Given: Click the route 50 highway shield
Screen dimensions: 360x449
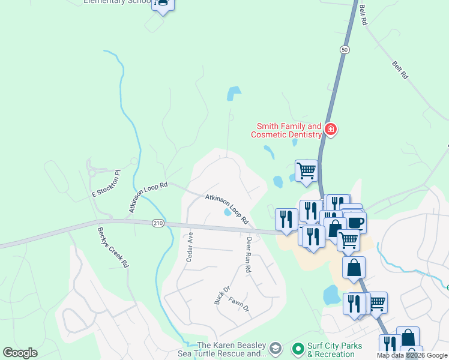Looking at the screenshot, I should (x=343, y=49).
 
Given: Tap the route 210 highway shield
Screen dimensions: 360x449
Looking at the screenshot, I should (x=158, y=223).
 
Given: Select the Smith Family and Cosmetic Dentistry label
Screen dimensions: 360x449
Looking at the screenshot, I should (x=289, y=131).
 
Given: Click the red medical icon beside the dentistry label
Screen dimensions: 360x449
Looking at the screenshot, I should (x=330, y=129).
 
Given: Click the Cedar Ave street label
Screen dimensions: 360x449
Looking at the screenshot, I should (x=190, y=247).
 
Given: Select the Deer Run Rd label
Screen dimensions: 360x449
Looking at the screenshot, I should (x=248, y=256).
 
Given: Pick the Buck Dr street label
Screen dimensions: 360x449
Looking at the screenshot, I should (x=218, y=295).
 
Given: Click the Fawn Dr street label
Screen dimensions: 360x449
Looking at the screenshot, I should (x=238, y=305).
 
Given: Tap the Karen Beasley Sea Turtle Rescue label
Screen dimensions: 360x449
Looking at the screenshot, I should (x=232, y=349).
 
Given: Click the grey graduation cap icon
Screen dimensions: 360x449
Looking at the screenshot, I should (x=276, y=349).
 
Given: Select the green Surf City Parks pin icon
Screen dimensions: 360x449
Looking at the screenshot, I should (x=297, y=349).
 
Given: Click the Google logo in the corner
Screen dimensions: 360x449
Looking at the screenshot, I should (x=20, y=353).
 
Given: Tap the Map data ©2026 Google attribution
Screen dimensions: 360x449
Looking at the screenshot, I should (x=412, y=356).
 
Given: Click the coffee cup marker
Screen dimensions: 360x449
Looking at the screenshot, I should (x=355, y=222).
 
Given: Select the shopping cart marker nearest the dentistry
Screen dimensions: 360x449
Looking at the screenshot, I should (x=306, y=170).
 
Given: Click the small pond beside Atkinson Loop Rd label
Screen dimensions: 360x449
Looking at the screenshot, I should (x=228, y=212).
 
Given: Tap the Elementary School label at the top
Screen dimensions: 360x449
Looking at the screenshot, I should (x=116, y=2).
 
